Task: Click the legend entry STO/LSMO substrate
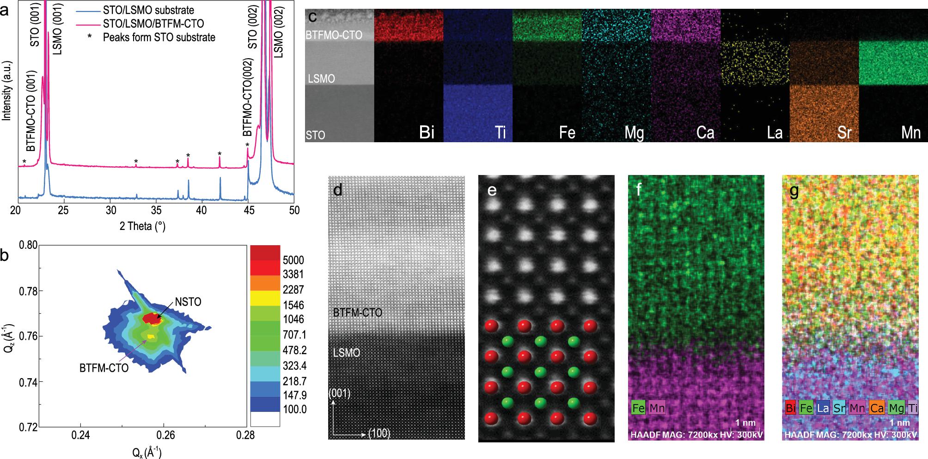148,10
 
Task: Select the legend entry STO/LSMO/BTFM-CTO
153,24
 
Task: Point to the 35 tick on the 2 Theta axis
156,211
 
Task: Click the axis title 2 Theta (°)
142,226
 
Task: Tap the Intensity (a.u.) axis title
6,92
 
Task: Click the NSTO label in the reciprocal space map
188,302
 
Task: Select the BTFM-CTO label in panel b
104,368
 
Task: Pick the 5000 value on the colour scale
293,260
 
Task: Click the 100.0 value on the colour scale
294,409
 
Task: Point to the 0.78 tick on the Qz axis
28,291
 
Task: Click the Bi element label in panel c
427,133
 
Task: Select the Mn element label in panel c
910,133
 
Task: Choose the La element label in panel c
774,133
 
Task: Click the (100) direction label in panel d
379,434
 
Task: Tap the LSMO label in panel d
346,353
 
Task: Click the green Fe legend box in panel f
639,408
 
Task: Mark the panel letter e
492,190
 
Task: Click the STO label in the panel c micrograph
315,135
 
